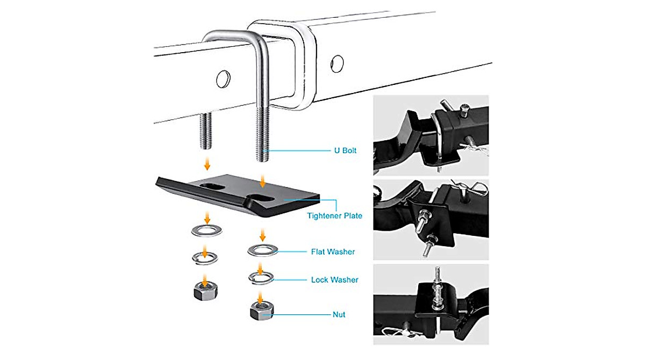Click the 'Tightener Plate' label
click(x=334, y=216)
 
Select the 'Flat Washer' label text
click(x=333, y=251)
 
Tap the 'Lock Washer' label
click(x=334, y=279)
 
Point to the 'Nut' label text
click(x=338, y=314)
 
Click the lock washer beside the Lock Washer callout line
click(x=261, y=277)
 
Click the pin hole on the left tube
click(x=223, y=79)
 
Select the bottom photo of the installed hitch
click(x=431, y=304)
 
